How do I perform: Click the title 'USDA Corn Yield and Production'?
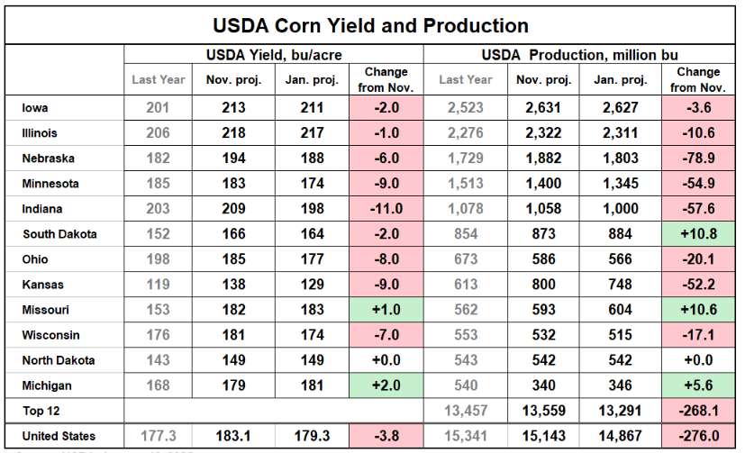tap(370, 24)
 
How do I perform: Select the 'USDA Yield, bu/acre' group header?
tap(273, 55)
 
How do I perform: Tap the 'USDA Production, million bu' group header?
tap(580, 55)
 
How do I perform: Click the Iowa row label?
tap(36, 108)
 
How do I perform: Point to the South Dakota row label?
tap(60, 234)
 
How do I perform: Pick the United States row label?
tap(59, 436)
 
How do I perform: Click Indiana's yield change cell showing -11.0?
tap(386, 209)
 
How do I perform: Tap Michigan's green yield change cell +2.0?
tap(386, 385)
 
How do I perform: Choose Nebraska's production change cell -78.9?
tap(698, 159)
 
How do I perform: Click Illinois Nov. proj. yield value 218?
tap(233, 133)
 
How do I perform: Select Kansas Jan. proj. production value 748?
tap(619, 285)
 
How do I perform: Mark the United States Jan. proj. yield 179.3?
tap(311, 436)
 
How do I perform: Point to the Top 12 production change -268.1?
tap(698, 411)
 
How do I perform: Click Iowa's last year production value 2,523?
tap(466, 108)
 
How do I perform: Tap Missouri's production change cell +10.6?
tap(698, 310)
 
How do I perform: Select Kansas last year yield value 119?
tap(159, 285)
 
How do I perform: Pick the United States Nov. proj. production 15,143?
tap(543, 436)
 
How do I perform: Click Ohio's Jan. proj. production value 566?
tap(619, 259)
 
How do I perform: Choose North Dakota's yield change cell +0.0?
tap(386, 360)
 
